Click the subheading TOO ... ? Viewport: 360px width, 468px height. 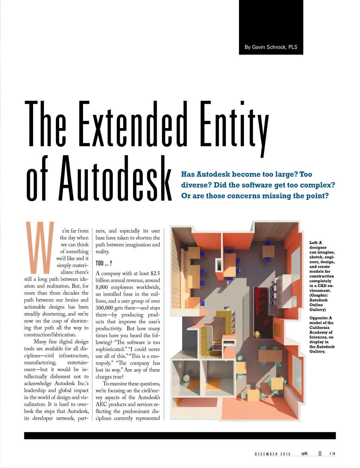point(104,263)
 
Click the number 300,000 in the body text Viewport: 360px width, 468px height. point(104,308)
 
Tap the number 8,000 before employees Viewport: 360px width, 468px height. point(102,287)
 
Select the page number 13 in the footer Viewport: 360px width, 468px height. point(332,454)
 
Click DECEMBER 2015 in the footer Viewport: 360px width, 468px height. point(273,454)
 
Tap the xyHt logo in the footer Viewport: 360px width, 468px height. point(304,454)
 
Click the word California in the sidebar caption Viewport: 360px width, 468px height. point(319,328)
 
